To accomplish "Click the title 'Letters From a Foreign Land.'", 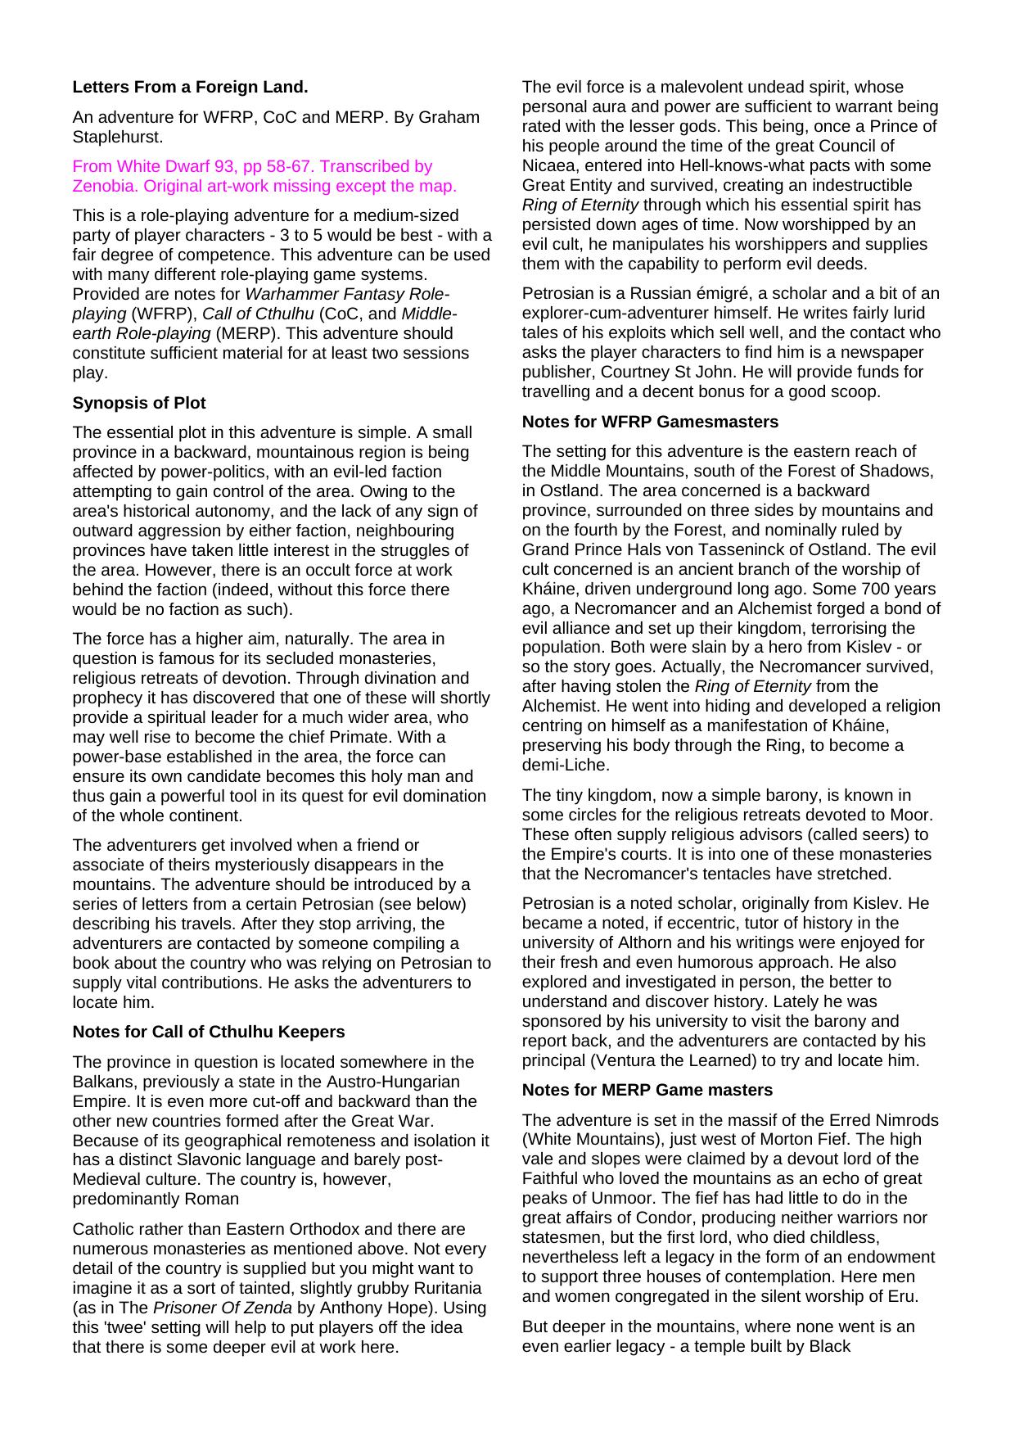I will tap(190, 87).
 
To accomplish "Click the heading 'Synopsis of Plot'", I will tap(139, 403).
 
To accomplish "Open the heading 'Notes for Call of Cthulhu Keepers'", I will tap(209, 1032).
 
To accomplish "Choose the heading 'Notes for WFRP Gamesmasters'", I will tap(650, 422).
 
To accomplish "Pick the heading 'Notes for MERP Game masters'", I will tap(647, 1090).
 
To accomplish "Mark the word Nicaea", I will tap(548, 165).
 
